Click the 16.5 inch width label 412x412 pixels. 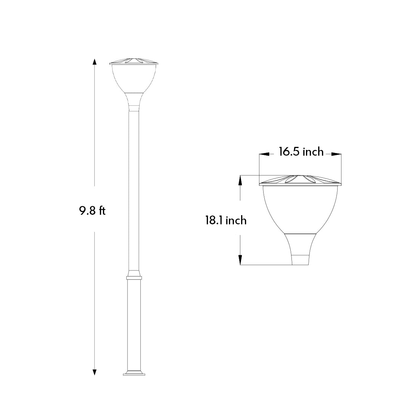pos(301,152)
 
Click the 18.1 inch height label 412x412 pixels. pos(226,220)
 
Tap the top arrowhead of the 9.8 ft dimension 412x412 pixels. pos(95,62)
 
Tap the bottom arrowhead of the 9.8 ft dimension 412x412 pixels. pos(95,372)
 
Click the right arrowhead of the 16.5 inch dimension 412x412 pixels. pos(337,154)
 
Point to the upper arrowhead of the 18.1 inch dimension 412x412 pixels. pos(240,179)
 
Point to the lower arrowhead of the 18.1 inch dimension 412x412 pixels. pos(240,261)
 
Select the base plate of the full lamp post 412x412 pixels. pos(134,373)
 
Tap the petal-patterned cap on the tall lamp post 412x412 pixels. pos(134,61)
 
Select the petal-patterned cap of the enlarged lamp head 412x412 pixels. pos(300,179)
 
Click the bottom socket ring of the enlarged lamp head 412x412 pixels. pos(300,260)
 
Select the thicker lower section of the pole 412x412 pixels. pos(134,324)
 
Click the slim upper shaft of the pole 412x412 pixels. pos(134,191)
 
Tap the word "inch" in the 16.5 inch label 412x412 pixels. pos(313,152)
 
